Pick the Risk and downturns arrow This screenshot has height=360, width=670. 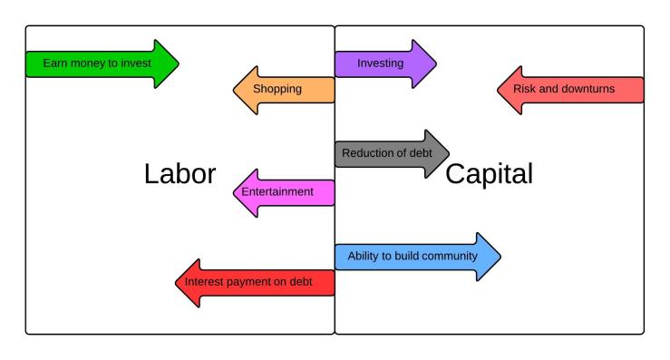pos(570,90)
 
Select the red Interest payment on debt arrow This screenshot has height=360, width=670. pos(255,282)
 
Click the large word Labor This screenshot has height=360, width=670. pos(180,174)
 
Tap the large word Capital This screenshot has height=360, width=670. pos(490,174)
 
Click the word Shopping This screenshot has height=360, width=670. pos(277,90)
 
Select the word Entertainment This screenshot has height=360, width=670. pos(277,192)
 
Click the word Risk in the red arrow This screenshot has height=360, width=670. pos(525,90)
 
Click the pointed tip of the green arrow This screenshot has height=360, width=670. pos(178,63)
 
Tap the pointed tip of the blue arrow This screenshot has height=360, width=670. pos(500,257)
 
